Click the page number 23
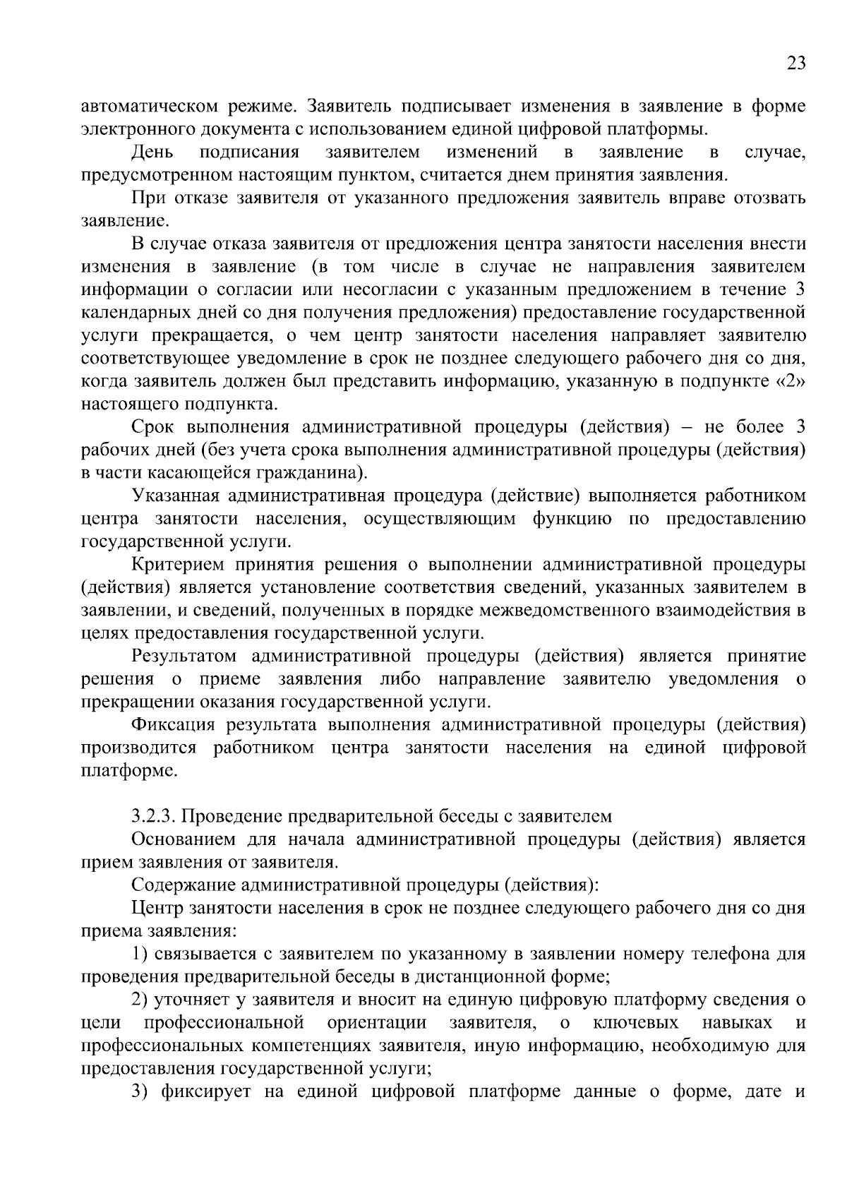[795, 64]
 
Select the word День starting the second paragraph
[152, 152]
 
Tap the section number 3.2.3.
[155, 817]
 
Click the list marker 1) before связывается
[139, 954]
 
